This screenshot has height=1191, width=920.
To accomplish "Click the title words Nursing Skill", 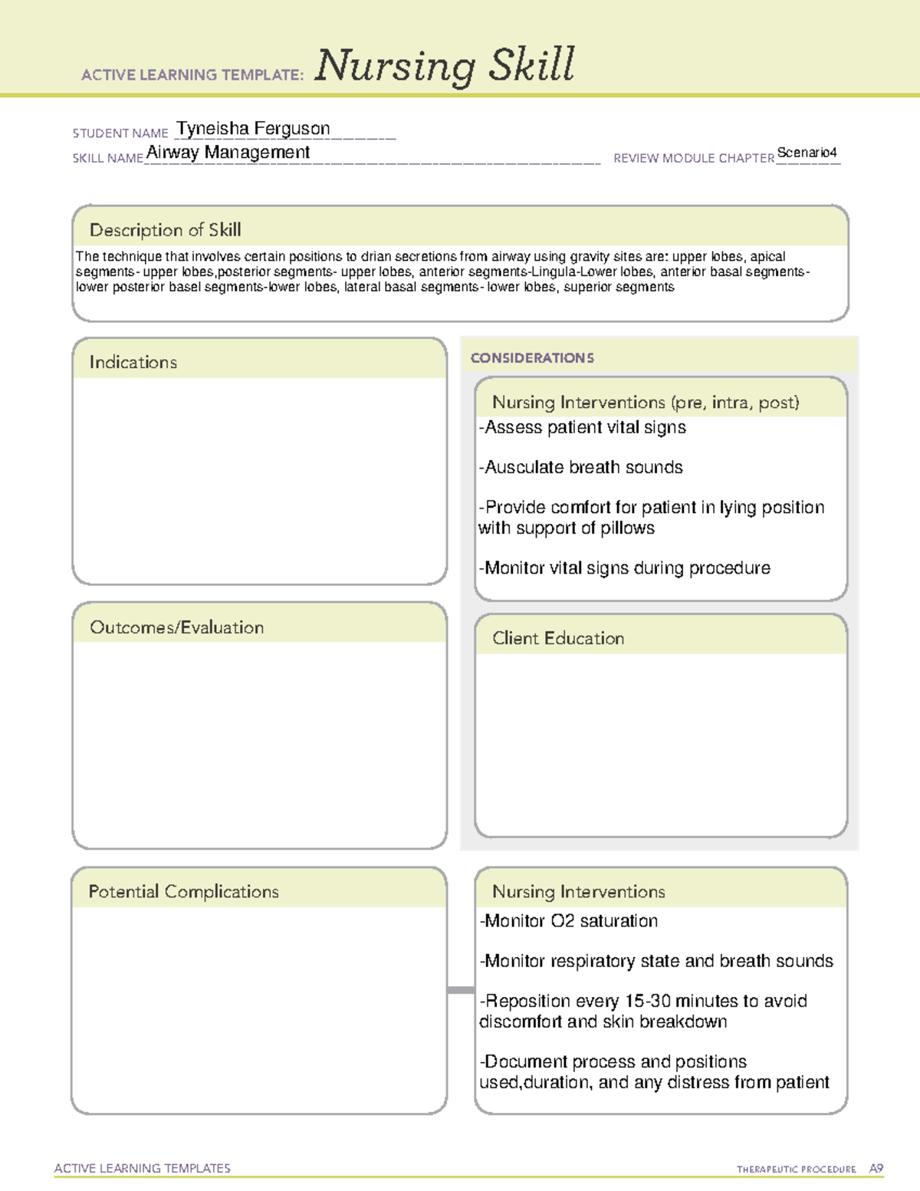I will [444, 65].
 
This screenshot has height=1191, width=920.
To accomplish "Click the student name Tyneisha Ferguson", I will [253, 129].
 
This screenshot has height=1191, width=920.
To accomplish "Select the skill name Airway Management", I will [228, 153].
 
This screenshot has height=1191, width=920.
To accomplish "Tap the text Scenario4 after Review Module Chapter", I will [807, 153].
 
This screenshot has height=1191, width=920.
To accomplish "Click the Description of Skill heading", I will [165, 230].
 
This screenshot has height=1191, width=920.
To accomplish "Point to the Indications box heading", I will [133, 362].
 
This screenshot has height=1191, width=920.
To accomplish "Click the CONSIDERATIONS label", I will [532, 358].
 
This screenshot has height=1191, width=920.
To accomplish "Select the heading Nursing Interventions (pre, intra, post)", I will [646, 403].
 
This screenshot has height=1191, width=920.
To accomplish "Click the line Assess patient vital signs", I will [583, 427].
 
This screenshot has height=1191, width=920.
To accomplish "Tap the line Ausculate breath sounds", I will [580, 467].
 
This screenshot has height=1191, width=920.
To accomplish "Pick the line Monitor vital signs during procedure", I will [625, 568].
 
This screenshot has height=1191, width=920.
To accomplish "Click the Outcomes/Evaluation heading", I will [176, 627].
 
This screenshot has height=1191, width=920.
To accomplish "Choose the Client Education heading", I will [558, 638].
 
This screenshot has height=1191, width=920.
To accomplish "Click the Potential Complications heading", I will [183, 891].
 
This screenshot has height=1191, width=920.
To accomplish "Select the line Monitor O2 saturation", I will [569, 921].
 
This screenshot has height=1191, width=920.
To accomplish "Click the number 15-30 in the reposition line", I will [648, 1001].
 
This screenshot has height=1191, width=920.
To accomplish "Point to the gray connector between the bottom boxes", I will [461, 990].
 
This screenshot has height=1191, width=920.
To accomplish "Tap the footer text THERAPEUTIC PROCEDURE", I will [796, 1170].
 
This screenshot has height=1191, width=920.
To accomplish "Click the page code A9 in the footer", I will [876, 1169].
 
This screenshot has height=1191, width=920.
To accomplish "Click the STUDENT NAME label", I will [120, 133].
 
